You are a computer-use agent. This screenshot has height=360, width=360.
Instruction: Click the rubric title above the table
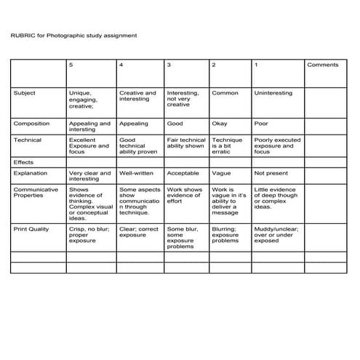pos(73,34)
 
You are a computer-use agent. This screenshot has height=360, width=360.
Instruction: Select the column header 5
pos(71,65)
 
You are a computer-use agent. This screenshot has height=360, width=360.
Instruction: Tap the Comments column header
pos(322,65)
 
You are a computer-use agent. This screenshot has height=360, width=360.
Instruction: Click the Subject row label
pos(24,93)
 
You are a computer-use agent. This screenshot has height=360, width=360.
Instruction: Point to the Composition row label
pos(31,124)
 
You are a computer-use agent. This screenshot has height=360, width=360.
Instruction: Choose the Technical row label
pos(28,140)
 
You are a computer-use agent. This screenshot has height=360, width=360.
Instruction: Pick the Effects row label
pos(24,162)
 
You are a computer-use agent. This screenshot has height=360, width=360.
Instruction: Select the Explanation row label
pos(30,174)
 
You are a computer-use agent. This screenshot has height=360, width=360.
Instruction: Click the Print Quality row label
pos(31,229)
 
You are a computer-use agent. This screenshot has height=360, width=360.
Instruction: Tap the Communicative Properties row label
pos(33,193)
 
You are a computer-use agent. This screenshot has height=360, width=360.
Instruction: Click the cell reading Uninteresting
pos(273,93)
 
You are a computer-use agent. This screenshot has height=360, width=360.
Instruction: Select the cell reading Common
pos(225,93)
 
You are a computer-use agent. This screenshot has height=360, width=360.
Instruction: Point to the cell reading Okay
pos(220,124)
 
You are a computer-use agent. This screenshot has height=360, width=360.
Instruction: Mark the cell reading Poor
pos(261,124)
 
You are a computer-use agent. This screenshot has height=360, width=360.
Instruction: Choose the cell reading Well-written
pos(136,174)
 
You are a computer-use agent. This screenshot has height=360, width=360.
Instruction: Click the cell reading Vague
pos(221,174)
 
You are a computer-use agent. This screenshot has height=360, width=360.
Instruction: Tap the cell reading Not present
pos(271,174)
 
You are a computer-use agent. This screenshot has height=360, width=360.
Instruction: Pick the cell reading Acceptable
pos(183,174)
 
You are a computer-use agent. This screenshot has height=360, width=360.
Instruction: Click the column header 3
pos(169,65)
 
